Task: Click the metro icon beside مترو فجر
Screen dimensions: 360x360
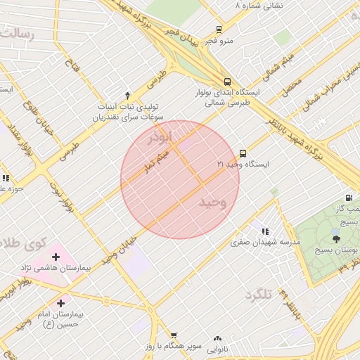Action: pyautogui.click(x=219, y=30)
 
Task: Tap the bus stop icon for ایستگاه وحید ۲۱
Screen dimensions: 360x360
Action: pyautogui.click(x=243, y=153)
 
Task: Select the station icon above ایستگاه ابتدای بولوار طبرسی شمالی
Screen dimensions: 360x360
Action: pyautogui.click(x=227, y=81)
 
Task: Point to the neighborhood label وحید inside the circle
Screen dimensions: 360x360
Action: pyautogui.click(x=213, y=202)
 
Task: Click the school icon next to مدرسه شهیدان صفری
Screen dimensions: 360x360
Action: pyautogui.click(x=265, y=231)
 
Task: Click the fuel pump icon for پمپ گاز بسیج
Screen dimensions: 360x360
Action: pyautogui.click(x=349, y=198)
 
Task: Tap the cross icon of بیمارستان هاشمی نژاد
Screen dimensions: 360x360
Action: pyautogui.click(x=56, y=257)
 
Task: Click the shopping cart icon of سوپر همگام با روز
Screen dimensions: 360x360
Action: pyautogui.click(x=174, y=335)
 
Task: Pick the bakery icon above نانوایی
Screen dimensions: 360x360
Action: pyautogui.click(x=218, y=339)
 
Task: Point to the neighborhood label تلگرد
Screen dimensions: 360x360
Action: pyautogui.click(x=258, y=295)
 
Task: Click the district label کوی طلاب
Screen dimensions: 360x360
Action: pyautogui.click(x=25, y=244)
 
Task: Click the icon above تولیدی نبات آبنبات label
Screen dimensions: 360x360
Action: pyautogui.click(x=127, y=95)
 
